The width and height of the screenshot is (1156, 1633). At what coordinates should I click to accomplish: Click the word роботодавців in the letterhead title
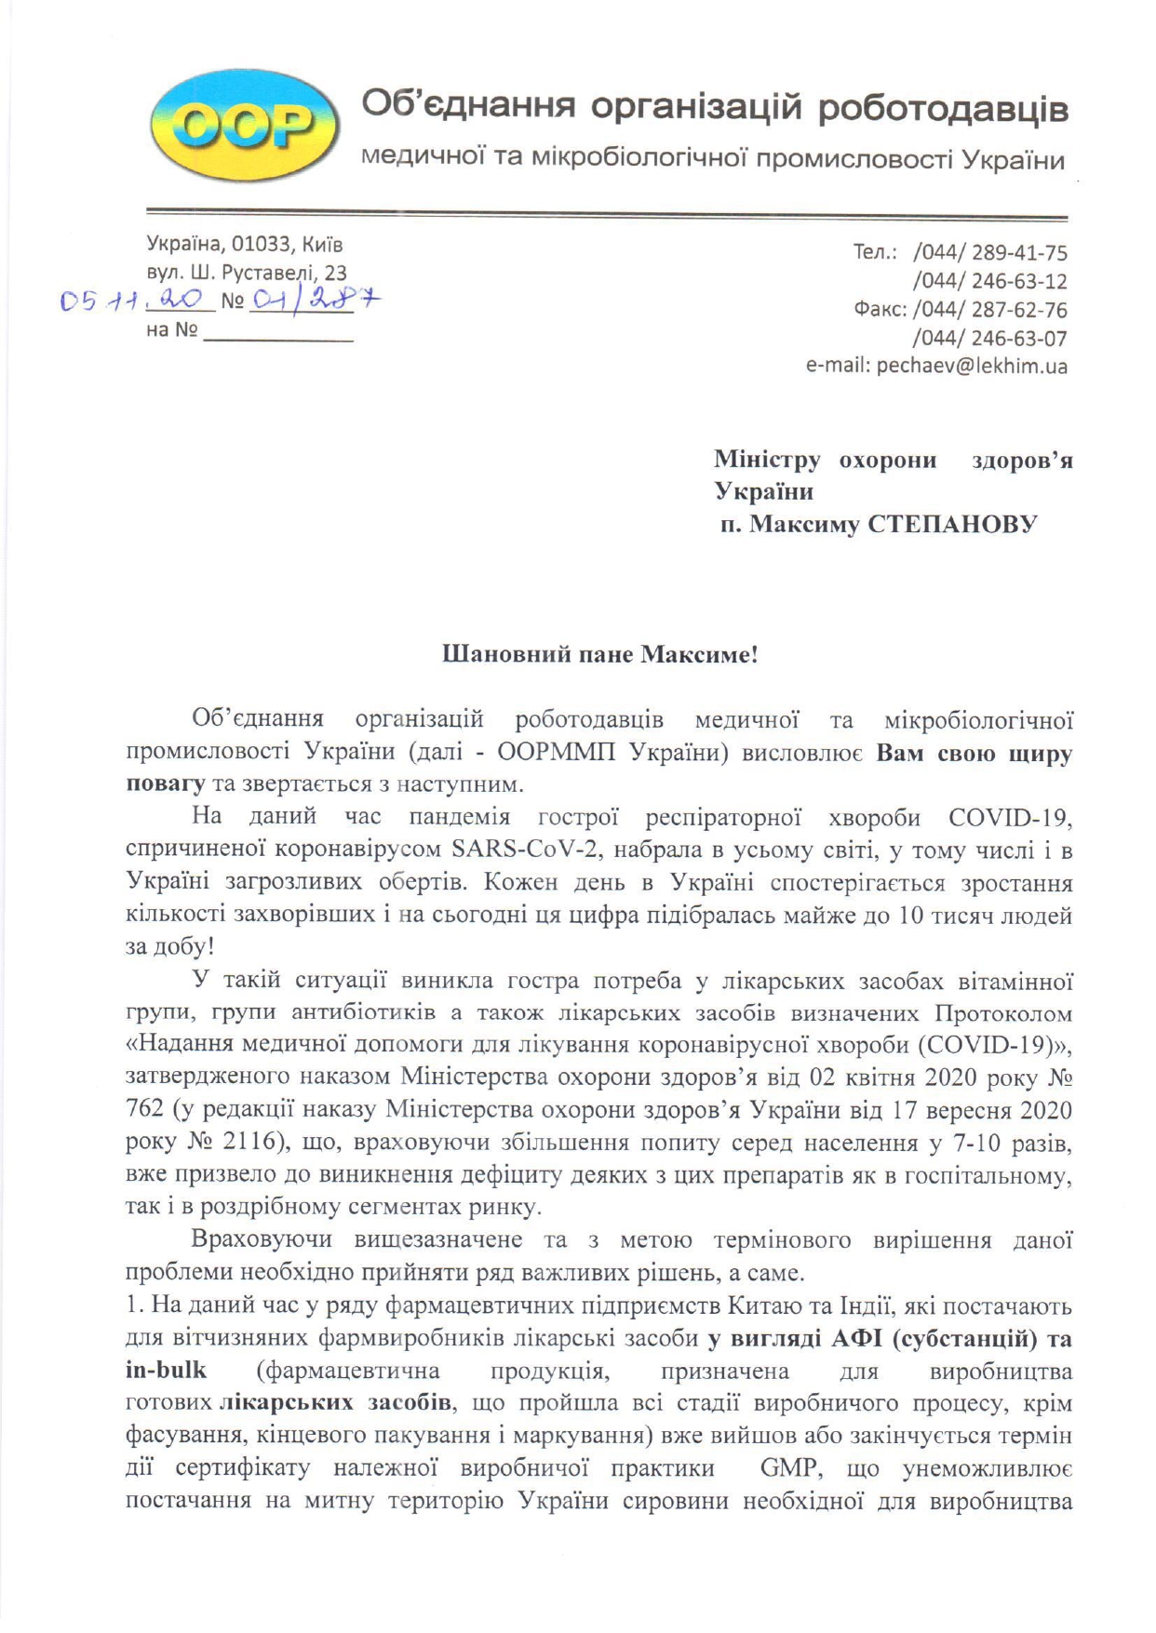click(x=943, y=108)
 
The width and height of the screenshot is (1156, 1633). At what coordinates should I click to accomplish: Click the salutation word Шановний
click(x=492, y=655)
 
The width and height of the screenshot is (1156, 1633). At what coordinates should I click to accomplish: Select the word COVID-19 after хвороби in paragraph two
click(x=1011, y=818)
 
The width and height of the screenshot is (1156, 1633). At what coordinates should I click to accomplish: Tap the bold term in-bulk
click(x=166, y=1371)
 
